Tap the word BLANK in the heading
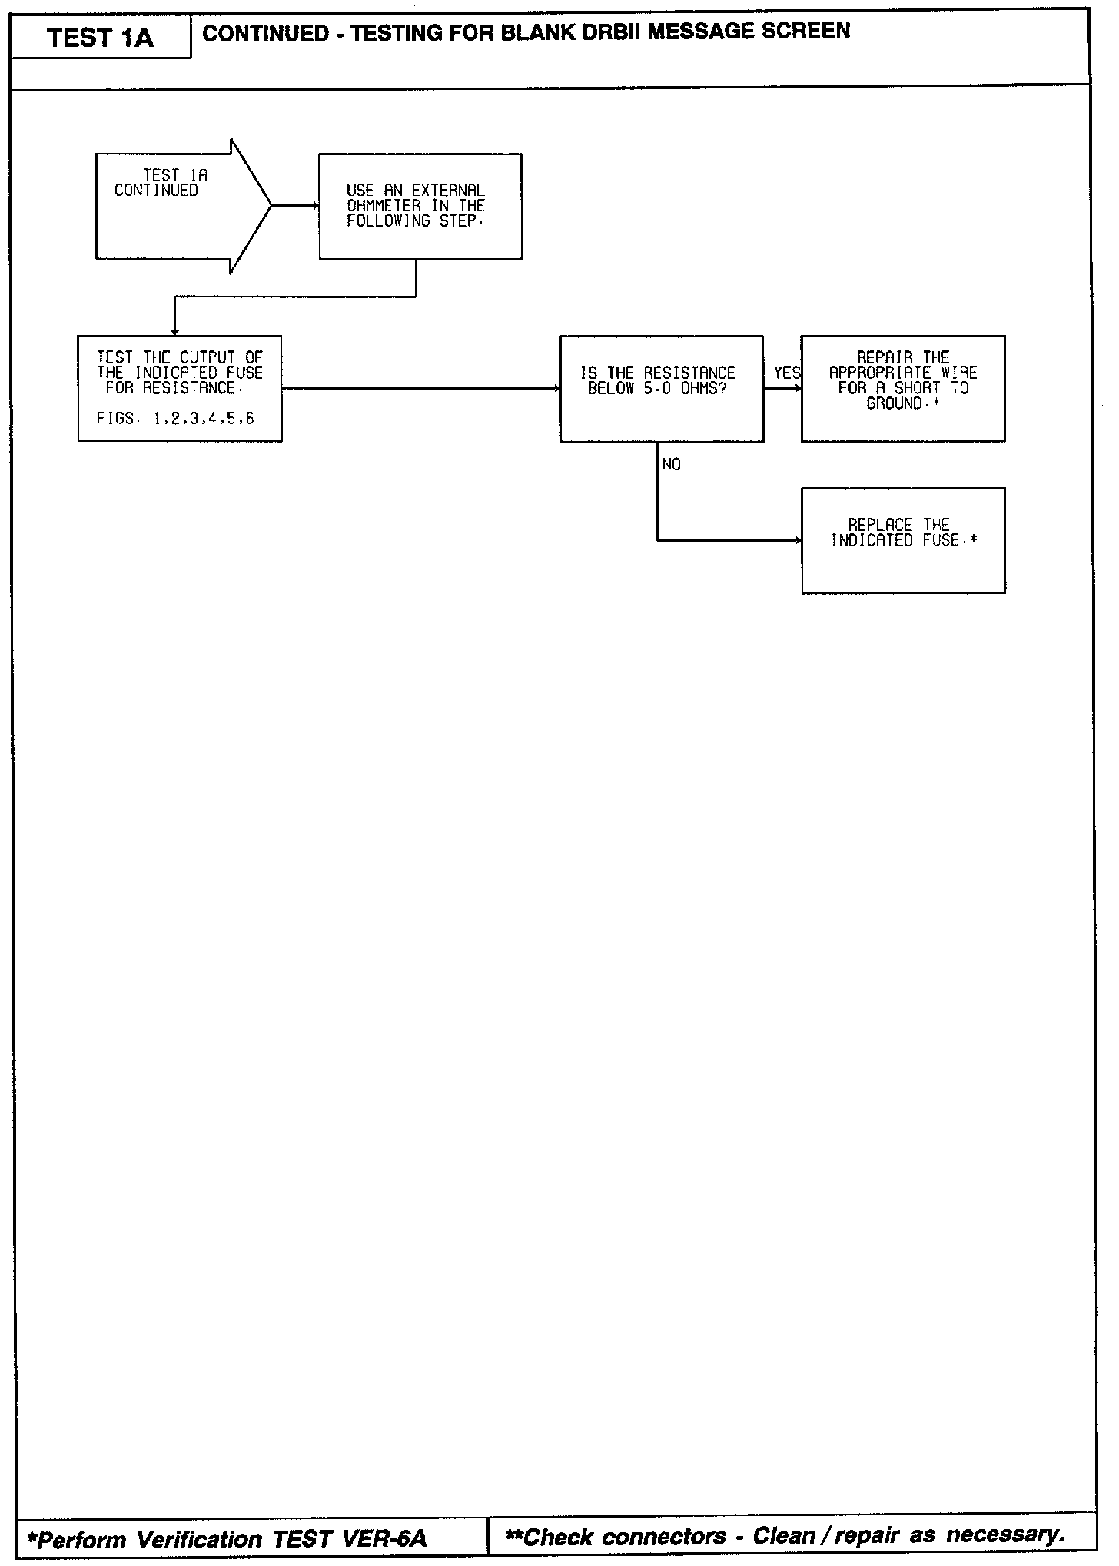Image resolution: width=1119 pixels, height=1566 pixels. [x=536, y=32]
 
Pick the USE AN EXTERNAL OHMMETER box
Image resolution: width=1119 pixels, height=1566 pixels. [x=420, y=206]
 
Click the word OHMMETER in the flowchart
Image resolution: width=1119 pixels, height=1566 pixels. [x=384, y=206]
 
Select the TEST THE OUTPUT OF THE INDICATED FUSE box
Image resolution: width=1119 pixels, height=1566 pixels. [x=180, y=388]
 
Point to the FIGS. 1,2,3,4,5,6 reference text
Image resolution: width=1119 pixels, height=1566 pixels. [x=175, y=419]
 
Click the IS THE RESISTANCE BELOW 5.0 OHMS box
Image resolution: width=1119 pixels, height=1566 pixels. [x=661, y=388]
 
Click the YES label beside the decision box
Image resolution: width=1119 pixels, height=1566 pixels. [x=786, y=373]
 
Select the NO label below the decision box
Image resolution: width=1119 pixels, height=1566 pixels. [x=671, y=465]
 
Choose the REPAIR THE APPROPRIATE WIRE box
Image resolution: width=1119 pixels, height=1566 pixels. [x=903, y=388]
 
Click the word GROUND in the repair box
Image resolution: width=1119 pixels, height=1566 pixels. [x=895, y=403]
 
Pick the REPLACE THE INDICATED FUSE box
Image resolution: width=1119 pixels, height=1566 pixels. [x=903, y=540]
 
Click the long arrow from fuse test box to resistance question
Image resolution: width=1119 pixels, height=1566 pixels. [x=421, y=389]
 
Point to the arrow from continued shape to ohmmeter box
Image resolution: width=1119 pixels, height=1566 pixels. [x=295, y=206]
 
